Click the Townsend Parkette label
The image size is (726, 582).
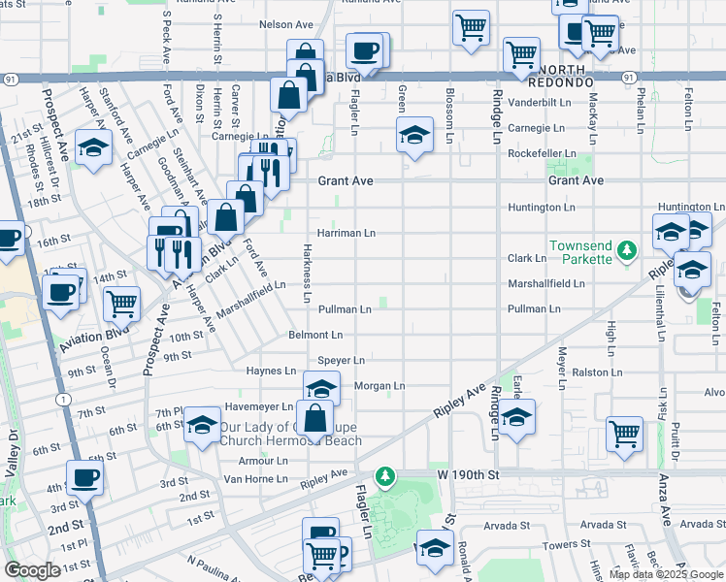[x=580, y=252]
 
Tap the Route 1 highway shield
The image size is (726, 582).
[x=63, y=399]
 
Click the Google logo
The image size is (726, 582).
[x=32, y=570]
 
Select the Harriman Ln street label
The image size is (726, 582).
[x=346, y=234]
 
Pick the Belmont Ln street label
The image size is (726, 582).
[x=315, y=335]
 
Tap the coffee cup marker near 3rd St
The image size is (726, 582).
[x=84, y=477]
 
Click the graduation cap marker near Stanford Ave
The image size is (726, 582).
[x=93, y=148]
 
